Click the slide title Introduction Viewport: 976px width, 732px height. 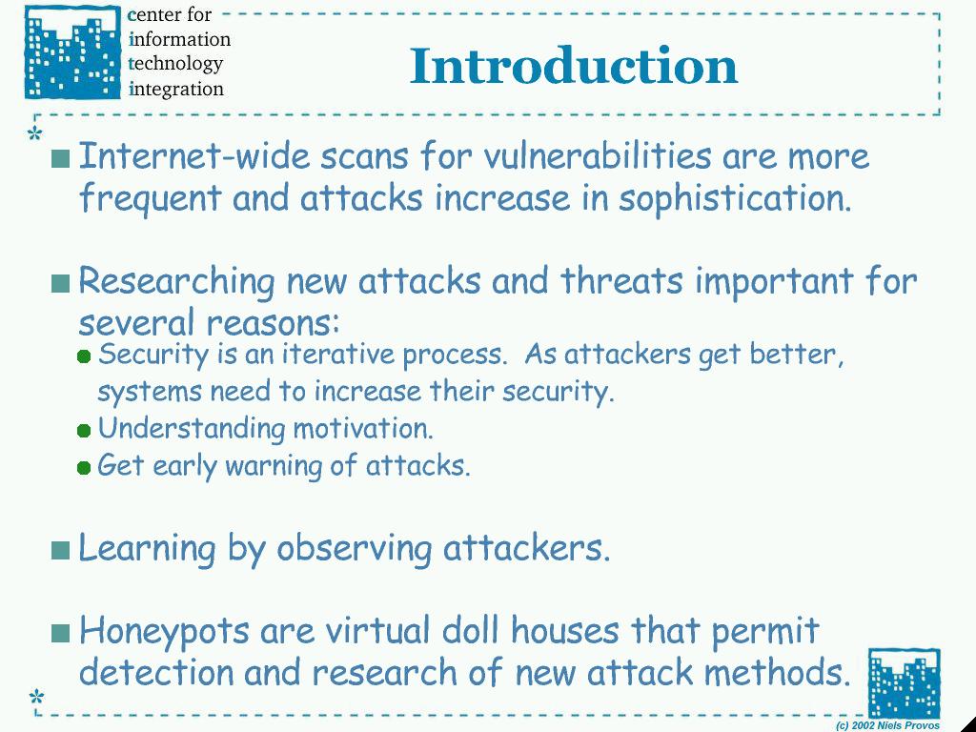[x=573, y=66]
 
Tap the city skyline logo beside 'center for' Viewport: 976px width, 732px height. [x=72, y=52]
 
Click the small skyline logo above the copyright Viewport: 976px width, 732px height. [x=904, y=682]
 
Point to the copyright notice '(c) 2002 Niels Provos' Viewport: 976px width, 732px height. [x=887, y=725]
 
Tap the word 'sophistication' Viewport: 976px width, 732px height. [x=735, y=199]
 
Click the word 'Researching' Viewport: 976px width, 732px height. [x=176, y=282]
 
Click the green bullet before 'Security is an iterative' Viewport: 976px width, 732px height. [x=84, y=356]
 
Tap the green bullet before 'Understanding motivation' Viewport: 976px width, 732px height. [x=84, y=430]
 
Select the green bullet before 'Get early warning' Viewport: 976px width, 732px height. [x=84, y=467]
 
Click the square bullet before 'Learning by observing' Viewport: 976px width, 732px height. [x=60, y=550]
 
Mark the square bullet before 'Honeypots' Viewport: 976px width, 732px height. [x=60, y=633]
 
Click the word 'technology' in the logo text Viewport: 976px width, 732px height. [x=175, y=64]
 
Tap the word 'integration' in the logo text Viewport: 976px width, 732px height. [x=176, y=89]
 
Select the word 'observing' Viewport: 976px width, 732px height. [x=355, y=550]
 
